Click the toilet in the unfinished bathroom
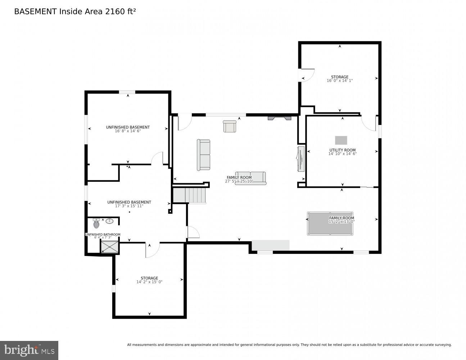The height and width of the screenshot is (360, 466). pyautogui.click(x=96, y=224)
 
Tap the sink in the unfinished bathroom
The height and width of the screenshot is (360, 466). pyautogui.click(x=109, y=221)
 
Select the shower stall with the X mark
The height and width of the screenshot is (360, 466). pyautogui.click(x=109, y=247)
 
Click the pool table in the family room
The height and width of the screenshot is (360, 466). pyautogui.click(x=330, y=224)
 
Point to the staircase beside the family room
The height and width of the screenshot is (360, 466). pyautogui.click(x=189, y=195)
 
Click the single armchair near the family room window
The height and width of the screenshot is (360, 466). pyautogui.click(x=229, y=126)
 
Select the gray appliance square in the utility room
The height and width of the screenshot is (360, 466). pyautogui.click(x=341, y=140)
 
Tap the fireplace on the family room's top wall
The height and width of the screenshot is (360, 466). pyautogui.click(x=279, y=118)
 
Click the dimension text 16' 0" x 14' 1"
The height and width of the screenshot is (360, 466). pyautogui.click(x=339, y=81)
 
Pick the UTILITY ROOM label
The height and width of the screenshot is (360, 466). pyautogui.click(x=342, y=150)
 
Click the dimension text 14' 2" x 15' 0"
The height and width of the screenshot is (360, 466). pyautogui.click(x=149, y=282)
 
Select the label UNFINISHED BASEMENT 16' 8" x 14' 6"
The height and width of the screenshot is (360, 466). pyautogui.click(x=128, y=129)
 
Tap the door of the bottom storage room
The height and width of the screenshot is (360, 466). pyautogui.click(x=152, y=250)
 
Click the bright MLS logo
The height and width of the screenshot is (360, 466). pyautogui.click(x=29, y=350)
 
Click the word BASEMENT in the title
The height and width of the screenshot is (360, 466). pyautogui.click(x=35, y=12)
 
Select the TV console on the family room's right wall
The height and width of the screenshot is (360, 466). pyautogui.click(x=301, y=158)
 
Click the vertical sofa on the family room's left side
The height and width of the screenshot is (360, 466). pyautogui.click(x=203, y=155)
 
